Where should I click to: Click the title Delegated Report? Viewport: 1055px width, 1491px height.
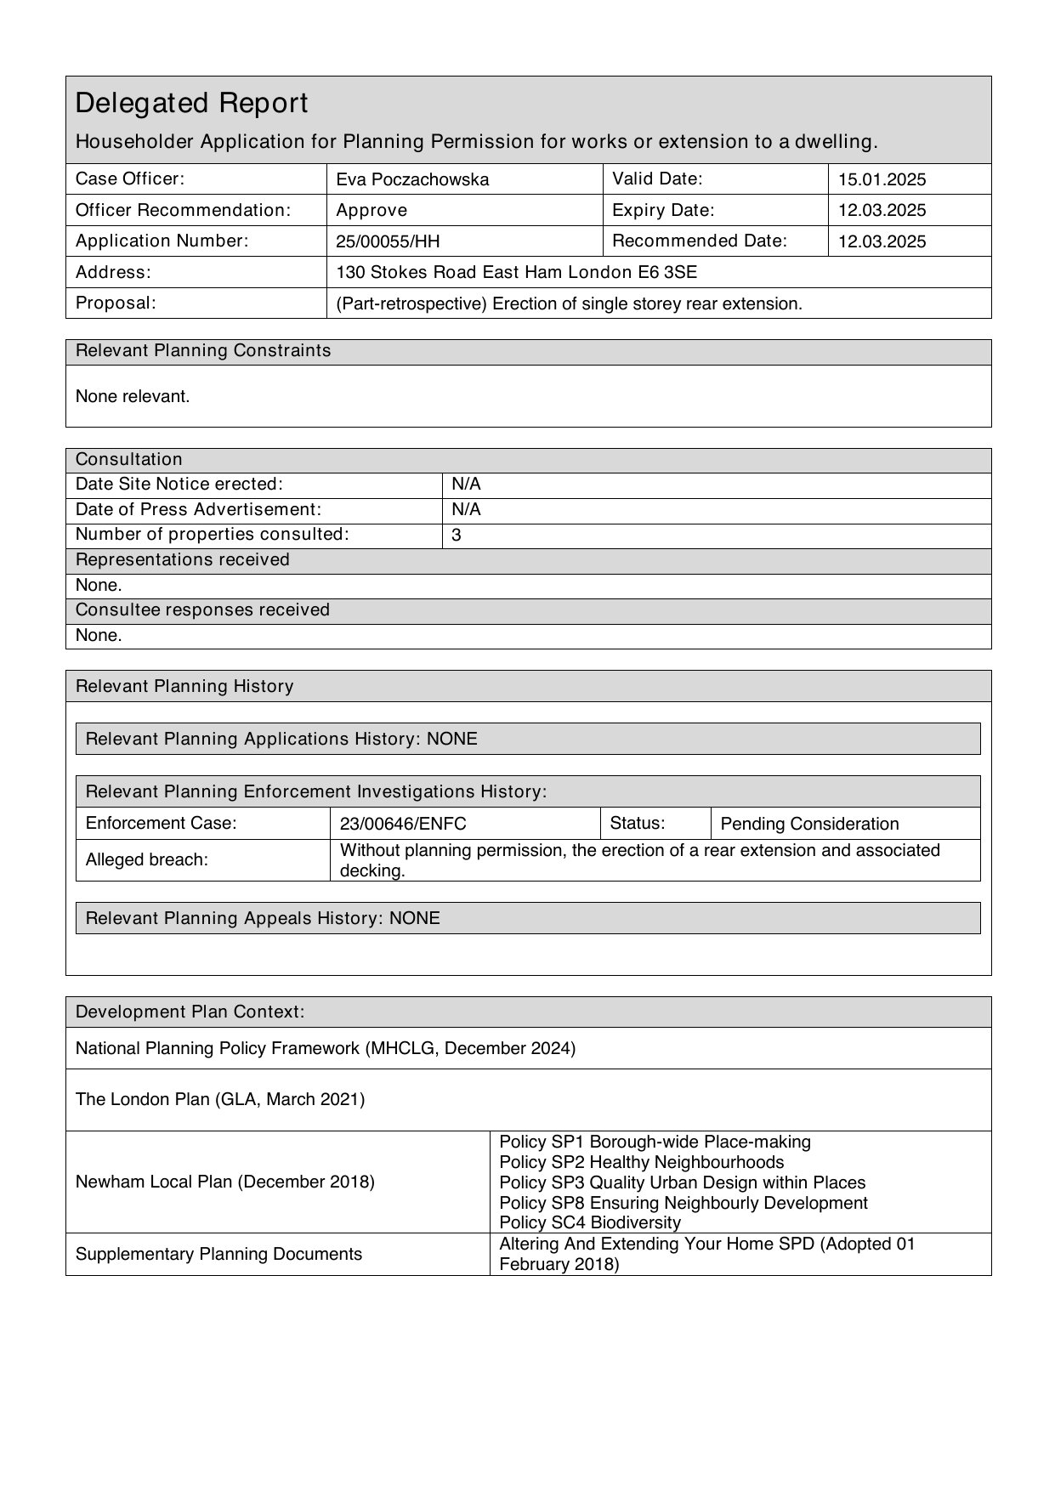[191, 104]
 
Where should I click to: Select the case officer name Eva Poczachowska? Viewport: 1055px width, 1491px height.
[412, 179]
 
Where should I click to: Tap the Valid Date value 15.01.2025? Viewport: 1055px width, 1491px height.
[882, 179]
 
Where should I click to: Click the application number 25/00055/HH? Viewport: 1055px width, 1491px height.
[388, 241]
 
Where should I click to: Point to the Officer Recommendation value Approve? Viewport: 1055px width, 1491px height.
[372, 210]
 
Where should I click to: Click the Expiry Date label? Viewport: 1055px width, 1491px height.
[663, 210]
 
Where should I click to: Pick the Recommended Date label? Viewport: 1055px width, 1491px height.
[699, 241]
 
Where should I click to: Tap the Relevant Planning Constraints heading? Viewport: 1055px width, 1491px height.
[203, 351]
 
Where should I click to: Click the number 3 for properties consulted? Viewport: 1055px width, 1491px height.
[457, 536]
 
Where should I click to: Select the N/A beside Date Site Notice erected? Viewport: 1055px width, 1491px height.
[466, 485]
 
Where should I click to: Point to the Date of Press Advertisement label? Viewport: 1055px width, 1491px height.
[198, 509]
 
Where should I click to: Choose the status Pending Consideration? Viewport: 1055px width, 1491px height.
[809, 824]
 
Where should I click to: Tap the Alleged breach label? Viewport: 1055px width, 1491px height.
[147, 859]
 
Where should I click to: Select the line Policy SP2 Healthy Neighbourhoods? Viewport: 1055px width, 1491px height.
[641, 1162]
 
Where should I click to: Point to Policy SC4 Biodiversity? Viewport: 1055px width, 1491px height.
[590, 1222]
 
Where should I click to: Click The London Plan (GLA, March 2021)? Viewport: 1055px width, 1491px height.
[220, 1099]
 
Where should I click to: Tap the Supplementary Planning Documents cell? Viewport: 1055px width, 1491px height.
[218, 1254]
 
